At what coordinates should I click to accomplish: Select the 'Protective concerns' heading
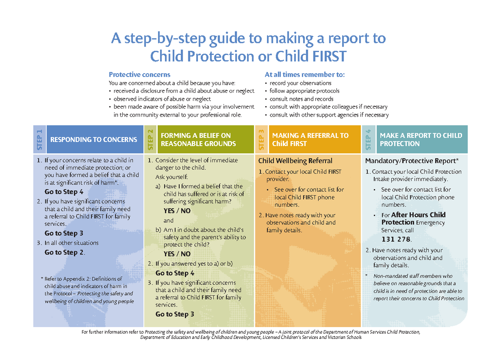[x=139, y=74]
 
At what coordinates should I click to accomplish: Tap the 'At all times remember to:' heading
[x=304, y=74]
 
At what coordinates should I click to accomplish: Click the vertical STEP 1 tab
[x=40, y=139]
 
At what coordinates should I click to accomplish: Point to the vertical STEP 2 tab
[x=151, y=139]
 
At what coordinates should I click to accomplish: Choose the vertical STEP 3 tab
[x=262, y=139]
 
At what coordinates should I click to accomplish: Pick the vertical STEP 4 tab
[x=369, y=139]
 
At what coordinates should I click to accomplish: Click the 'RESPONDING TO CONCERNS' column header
[x=94, y=140]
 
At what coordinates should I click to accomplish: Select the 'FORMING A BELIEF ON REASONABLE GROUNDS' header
[x=198, y=140]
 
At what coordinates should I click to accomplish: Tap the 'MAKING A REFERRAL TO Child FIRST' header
[x=310, y=140]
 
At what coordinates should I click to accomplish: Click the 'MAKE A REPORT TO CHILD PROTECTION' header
[x=420, y=140]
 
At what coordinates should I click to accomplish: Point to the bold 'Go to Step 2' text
[x=64, y=252]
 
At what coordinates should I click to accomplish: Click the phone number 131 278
[x=396, y=239]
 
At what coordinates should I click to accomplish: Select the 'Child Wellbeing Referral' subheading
[x=295, y=161]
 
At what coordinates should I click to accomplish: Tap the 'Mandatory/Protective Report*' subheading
[x=412, y=161]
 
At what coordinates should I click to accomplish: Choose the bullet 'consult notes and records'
[x=301, y=99]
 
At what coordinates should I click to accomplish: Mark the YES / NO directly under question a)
[x=177, y=211]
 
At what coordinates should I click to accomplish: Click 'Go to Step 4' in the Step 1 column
[x=64, y=192]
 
